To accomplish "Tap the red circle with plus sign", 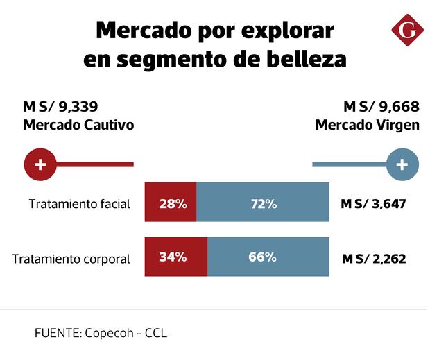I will coord(40,164).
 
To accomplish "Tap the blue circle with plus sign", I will coord(402,164).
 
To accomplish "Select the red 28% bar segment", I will coord(171,204).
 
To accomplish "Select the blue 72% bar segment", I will coord(263,204).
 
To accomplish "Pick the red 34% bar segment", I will coord(176,257).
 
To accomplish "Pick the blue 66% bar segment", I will coord(268,257).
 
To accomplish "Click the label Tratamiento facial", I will coord(80,204).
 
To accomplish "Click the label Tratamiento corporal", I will coord(71,259).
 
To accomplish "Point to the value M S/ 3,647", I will coord(373,204).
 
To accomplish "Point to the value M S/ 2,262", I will coord(373,259).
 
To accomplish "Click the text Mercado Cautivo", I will coord(78,126).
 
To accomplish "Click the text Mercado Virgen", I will coord(367,126).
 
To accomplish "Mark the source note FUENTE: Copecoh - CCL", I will coord(101,333).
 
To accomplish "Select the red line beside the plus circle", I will coord(94,164).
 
